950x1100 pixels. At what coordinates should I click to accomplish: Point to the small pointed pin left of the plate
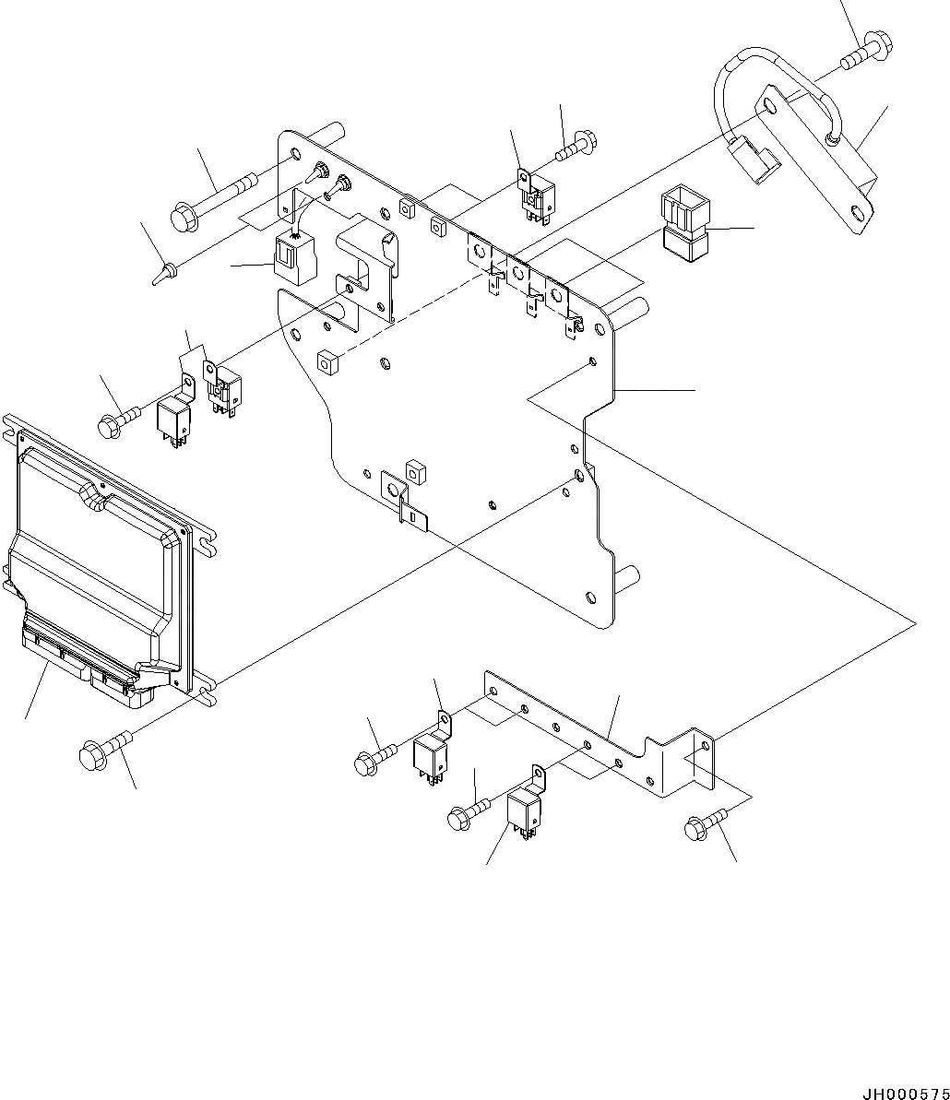click(x=164, y=272)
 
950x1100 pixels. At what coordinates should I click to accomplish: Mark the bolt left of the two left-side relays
click(x=118, y=420)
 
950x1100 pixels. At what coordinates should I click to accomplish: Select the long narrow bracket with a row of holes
click(x=600, y=733)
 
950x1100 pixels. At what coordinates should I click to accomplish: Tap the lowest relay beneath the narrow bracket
click(x=524, y=810)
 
